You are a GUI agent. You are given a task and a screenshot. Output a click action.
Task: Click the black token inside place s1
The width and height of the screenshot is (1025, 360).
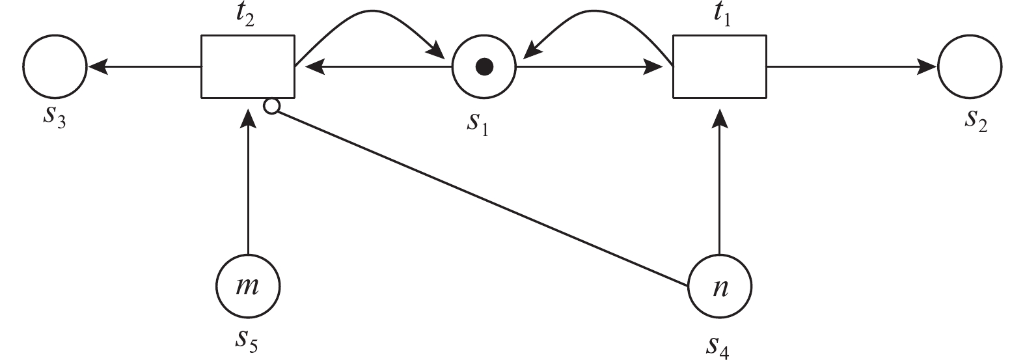click(484, 66)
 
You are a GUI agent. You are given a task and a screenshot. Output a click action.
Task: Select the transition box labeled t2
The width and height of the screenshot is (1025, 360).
click(247, 66)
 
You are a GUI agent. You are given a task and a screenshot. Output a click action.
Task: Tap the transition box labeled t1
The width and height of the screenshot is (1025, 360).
click(719, 66)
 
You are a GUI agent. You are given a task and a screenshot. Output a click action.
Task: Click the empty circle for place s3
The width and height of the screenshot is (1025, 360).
click(55, 66)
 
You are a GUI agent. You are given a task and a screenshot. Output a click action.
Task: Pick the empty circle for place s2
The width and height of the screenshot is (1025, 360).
click(970, 66)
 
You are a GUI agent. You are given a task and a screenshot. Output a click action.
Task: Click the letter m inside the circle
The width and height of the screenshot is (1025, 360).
click(247, 286)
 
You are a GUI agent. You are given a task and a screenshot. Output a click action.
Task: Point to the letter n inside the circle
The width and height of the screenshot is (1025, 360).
click(720, 286)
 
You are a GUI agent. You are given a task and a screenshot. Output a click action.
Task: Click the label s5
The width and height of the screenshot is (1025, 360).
click(247, 340)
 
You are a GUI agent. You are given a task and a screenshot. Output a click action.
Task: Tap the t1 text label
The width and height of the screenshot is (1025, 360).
click(722, 16)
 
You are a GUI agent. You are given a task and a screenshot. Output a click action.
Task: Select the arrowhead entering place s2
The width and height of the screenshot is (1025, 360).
click(927, 66)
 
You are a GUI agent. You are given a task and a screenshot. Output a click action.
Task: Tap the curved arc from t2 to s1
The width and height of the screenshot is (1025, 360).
click(371, 12)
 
